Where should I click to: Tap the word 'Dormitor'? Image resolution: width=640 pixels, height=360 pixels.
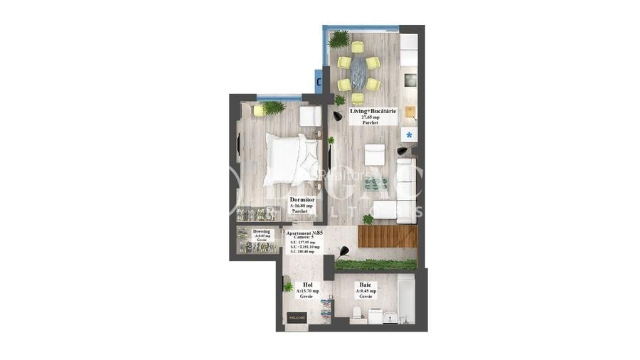coord(302,201)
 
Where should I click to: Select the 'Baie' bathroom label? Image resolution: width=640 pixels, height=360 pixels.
coord(366,285)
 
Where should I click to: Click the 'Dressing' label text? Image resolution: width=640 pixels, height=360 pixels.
coord(261,231)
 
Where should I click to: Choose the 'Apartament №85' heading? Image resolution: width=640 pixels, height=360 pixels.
coord(305,233)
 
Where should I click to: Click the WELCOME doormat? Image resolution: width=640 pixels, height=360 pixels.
coord(297,317)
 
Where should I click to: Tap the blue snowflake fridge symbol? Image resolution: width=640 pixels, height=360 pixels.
coord(409,134)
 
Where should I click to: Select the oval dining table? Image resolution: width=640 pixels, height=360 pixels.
coord(358,71)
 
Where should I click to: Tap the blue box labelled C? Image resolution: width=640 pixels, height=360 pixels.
coord(319,81)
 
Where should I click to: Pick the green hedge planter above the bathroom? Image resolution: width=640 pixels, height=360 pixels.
coord(375,265)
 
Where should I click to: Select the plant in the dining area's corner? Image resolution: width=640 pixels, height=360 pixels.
coord(339,38)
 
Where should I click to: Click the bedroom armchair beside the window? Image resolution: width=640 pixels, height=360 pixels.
coord(309,115)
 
